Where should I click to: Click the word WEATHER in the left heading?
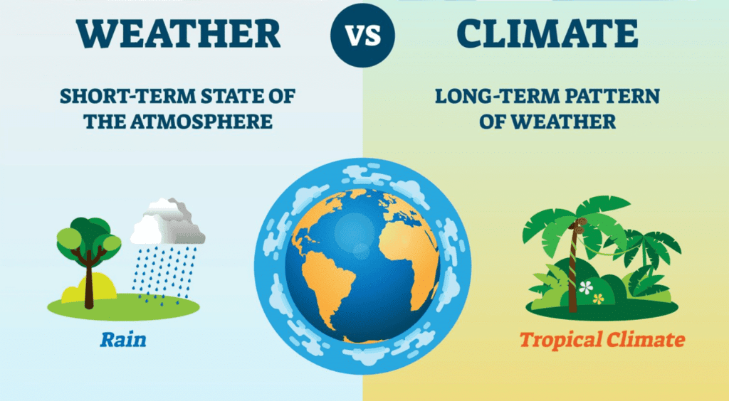point(179,34)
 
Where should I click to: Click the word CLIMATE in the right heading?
point(547,34)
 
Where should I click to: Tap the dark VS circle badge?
point(362,36)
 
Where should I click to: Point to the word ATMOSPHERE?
point(201,122)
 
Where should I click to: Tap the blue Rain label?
point(123,339)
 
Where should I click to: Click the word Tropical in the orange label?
point(561,340)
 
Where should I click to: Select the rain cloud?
point(167,223)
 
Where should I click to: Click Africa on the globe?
point(407,260)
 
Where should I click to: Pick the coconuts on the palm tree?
point(579,227)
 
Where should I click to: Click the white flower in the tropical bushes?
point(586,288)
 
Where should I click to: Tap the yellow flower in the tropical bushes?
point(598,299)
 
